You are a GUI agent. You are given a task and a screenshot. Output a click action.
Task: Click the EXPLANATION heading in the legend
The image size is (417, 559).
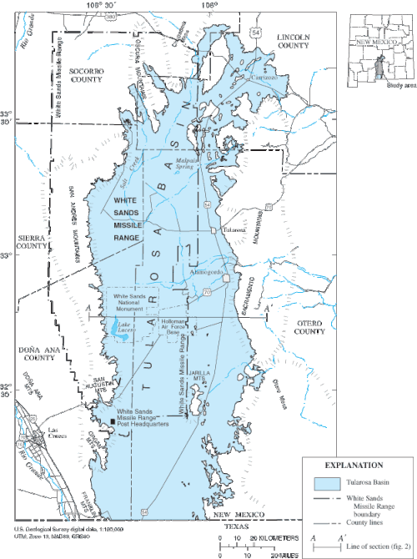coord(356,466)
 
